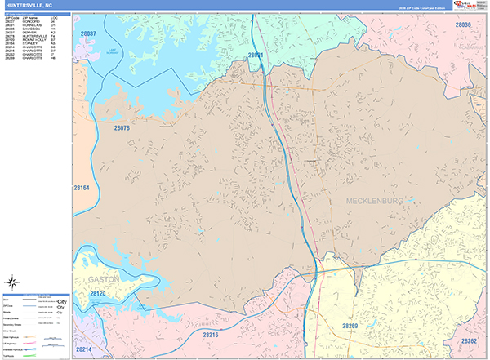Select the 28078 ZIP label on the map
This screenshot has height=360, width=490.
(x=122, y=128)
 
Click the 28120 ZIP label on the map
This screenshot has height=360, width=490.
(x=99, y=293)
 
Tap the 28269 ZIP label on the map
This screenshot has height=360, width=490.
(x=350, y=326)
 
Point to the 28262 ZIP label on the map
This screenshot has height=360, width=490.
(x=468, y=341)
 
